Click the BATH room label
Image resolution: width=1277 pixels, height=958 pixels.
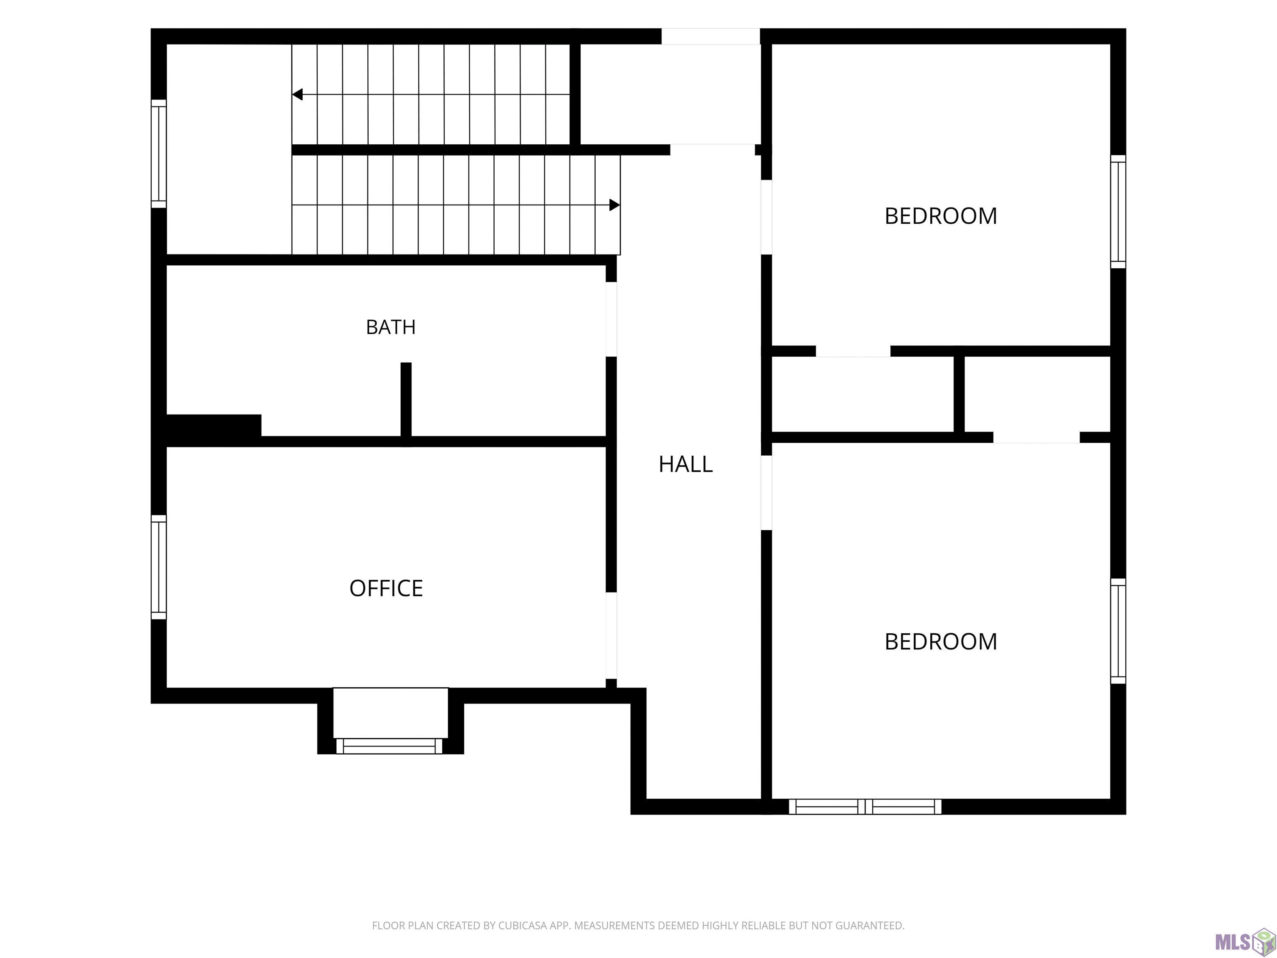391,327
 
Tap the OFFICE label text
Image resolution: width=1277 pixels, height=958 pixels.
386,588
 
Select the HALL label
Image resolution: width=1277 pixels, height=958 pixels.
686,464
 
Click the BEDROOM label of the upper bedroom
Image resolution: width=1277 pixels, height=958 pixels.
941,216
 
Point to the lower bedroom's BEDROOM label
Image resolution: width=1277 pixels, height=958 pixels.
941,642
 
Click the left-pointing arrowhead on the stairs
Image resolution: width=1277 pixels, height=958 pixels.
297,94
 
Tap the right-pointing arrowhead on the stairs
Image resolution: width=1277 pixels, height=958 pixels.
615,205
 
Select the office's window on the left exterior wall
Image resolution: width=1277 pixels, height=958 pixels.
159,567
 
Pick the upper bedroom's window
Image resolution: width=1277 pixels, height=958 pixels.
1118,211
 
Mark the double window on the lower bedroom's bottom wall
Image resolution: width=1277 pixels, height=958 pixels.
865,807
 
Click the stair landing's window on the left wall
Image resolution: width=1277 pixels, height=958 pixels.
159,153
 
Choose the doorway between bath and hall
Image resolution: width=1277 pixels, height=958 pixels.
611,319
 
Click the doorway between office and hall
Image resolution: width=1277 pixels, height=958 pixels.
611,635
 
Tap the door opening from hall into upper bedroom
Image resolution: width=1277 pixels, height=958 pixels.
767,217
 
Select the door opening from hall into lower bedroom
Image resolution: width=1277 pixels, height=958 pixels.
767,493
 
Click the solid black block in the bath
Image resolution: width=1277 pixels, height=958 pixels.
214,426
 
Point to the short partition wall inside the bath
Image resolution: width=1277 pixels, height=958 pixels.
406,400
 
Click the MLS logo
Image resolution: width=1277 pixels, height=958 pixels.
1245,942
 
